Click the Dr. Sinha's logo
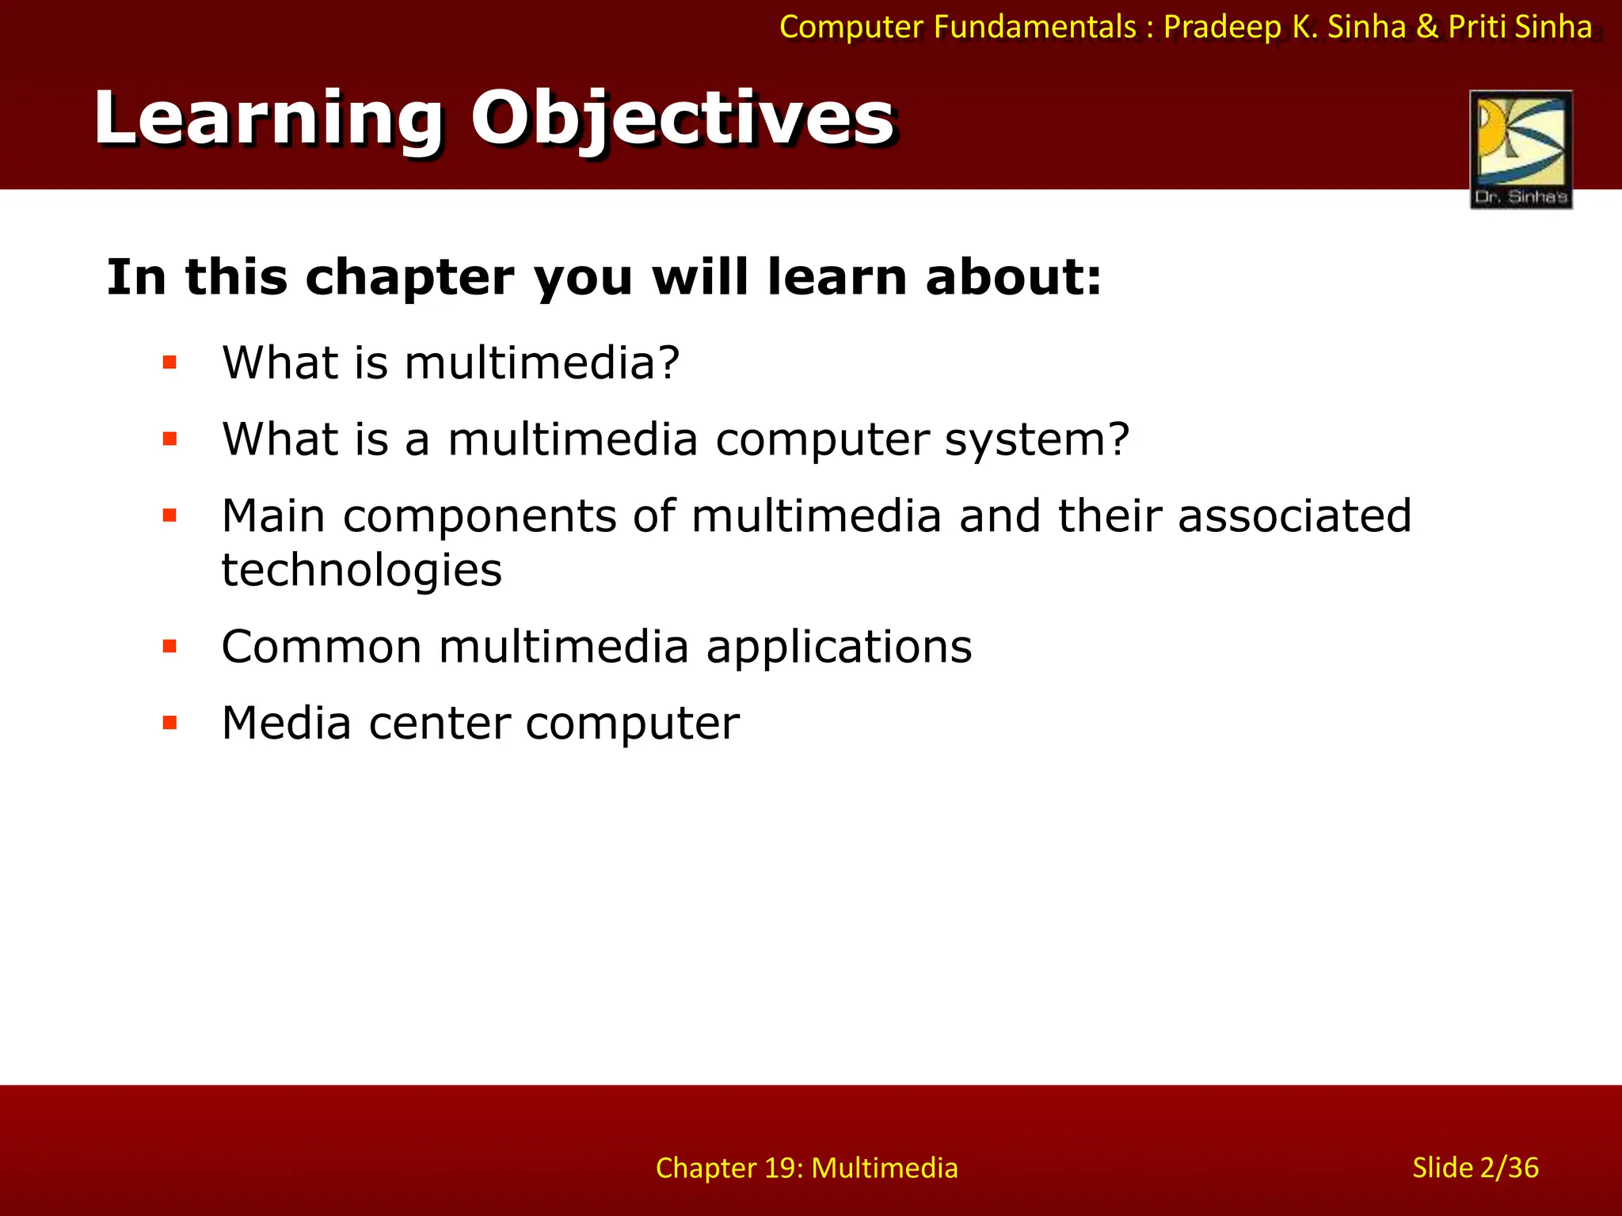pyautogui.click(x=1521, y=149)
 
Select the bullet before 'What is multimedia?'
pyautogui.click(x=169, y=363)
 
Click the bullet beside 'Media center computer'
pyautogui.click(x=169, y=723)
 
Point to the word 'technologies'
pyautogui.click(x=361, y=571)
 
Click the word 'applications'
pyautogui.click(x=839, y=648)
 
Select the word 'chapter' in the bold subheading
pyautogui.click(x=409, y=278)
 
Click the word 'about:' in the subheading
pyautogui.click(x=1014, y=278)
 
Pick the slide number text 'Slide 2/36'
pyautogui.click(x=1475, y=1168)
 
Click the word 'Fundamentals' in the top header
pyautogui.click(x=1035, y=28)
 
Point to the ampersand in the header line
pyautogui.click(x=1427, y=28)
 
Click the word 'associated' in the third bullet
pyautogui.click(x=1294, y=516)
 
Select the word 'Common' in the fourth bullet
pyautogui.click(x=322, y=647)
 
